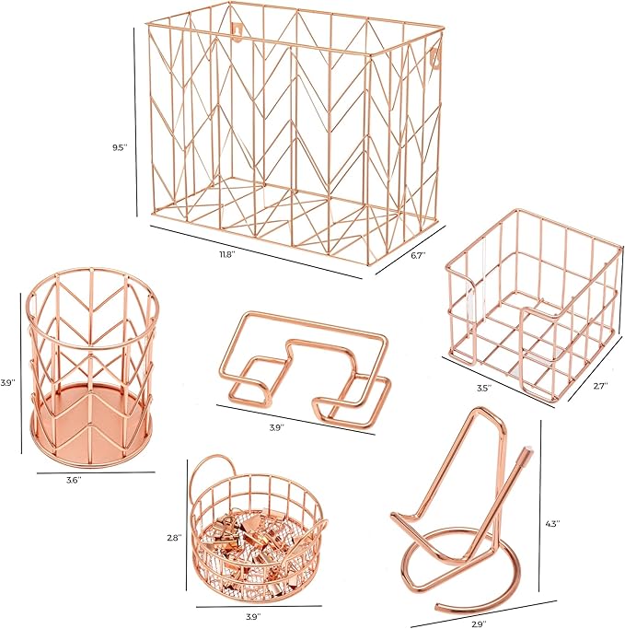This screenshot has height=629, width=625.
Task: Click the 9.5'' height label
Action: tap(120, 147)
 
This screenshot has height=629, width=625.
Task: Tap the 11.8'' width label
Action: tap(226, 255)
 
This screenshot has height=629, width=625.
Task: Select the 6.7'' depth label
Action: tap(418, 255)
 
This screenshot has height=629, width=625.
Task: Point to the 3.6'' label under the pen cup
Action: tap(74, 479)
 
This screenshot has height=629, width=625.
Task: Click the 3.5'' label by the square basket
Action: tap(484, 388)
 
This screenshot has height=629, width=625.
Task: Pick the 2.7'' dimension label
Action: tap(600, 385)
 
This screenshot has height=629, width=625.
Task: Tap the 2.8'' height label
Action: tap(175, 537)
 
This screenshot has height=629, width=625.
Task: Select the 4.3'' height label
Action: tap(553, 523)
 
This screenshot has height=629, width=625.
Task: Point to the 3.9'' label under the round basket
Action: tap(254, 615)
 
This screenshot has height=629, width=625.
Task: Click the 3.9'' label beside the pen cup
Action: tap(7, 382)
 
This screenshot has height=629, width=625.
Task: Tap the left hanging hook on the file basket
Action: tap(238, 31)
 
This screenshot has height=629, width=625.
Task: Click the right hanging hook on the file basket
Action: tap(435, 56)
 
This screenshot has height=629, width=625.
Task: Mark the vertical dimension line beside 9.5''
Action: tap(135, 122)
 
